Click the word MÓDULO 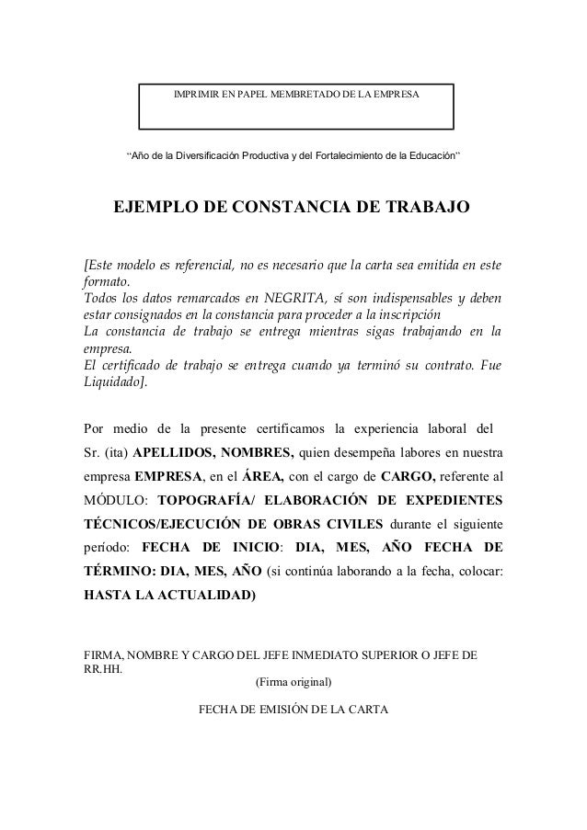pos(114,502)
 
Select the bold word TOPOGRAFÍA pos(205,502)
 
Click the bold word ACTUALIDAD pos(206,594)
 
